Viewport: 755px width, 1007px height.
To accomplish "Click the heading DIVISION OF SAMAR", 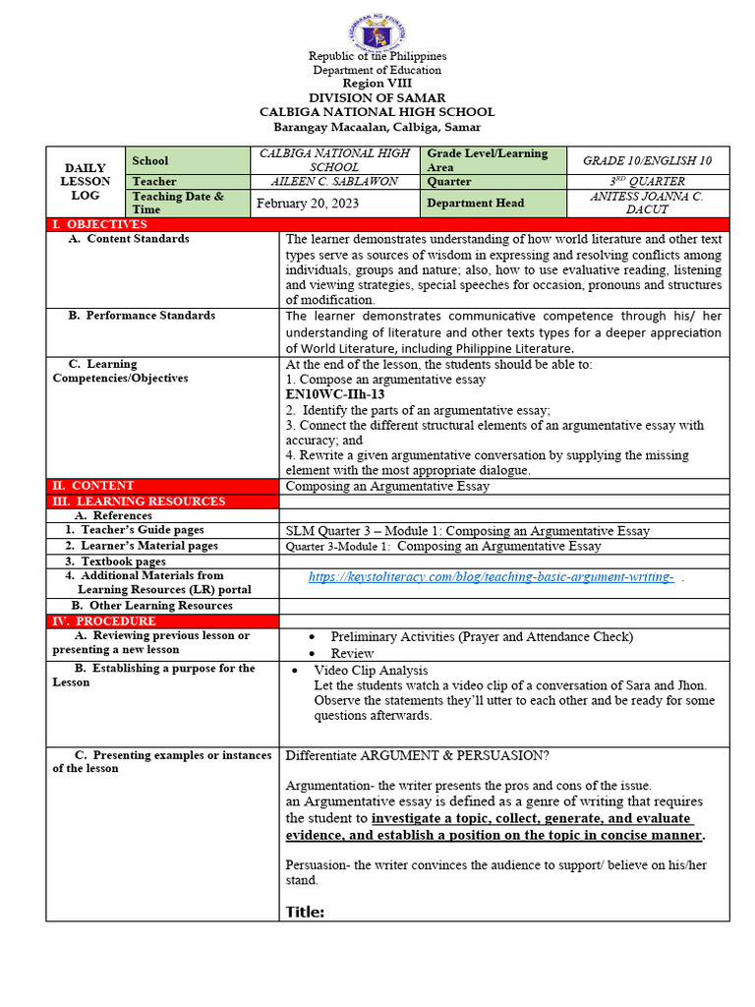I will pos(377,97).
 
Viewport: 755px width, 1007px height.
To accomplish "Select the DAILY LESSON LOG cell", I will pos(85,182).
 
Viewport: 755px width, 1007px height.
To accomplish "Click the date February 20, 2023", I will pos(307,204).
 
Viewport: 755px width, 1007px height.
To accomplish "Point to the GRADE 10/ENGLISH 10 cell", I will pos(648,160).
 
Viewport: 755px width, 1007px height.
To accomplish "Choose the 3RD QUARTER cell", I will pos(648,182).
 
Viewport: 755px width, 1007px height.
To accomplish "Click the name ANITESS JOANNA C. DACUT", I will pos(648,204).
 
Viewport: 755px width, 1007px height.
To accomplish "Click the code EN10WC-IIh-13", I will pos(334,394).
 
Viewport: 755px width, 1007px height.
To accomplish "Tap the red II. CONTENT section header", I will pos(92,486).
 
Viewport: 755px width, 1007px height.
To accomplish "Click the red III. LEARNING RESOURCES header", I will pos(138,502).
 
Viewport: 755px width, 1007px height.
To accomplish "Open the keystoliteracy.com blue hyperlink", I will pos(491,577).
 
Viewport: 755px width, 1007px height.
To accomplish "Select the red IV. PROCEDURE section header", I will pos(103,622).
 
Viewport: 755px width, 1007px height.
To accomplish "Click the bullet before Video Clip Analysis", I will pos(296,671).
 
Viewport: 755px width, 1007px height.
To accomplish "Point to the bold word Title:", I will pos(305,912).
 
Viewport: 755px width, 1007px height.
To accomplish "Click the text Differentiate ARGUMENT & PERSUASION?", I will pos(417,756).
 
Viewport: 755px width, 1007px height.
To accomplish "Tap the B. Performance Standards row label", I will pos(142,316).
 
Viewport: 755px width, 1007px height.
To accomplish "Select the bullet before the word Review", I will pos(312,654).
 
